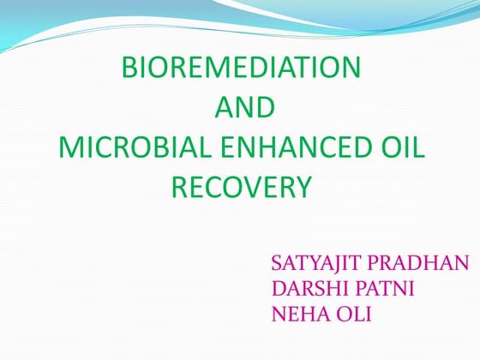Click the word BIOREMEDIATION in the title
pyautogui.click(x=241, y=68)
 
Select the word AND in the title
pyautogui.click(x=243, y=108)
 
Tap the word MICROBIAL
pyautogui.click(x=126, y=147)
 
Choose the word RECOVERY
pyautogui.click(x=240, y=187)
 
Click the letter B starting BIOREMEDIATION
pyautogui.click(x=129, y=68)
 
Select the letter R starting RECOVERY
pyautogui.click(x=178, y=187)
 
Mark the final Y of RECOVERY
pyautogui.click(x=301, y=187)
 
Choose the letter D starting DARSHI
pyautogui.click(x=277, y=289)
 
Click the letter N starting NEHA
pyautogui.click(x=278, y=315)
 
